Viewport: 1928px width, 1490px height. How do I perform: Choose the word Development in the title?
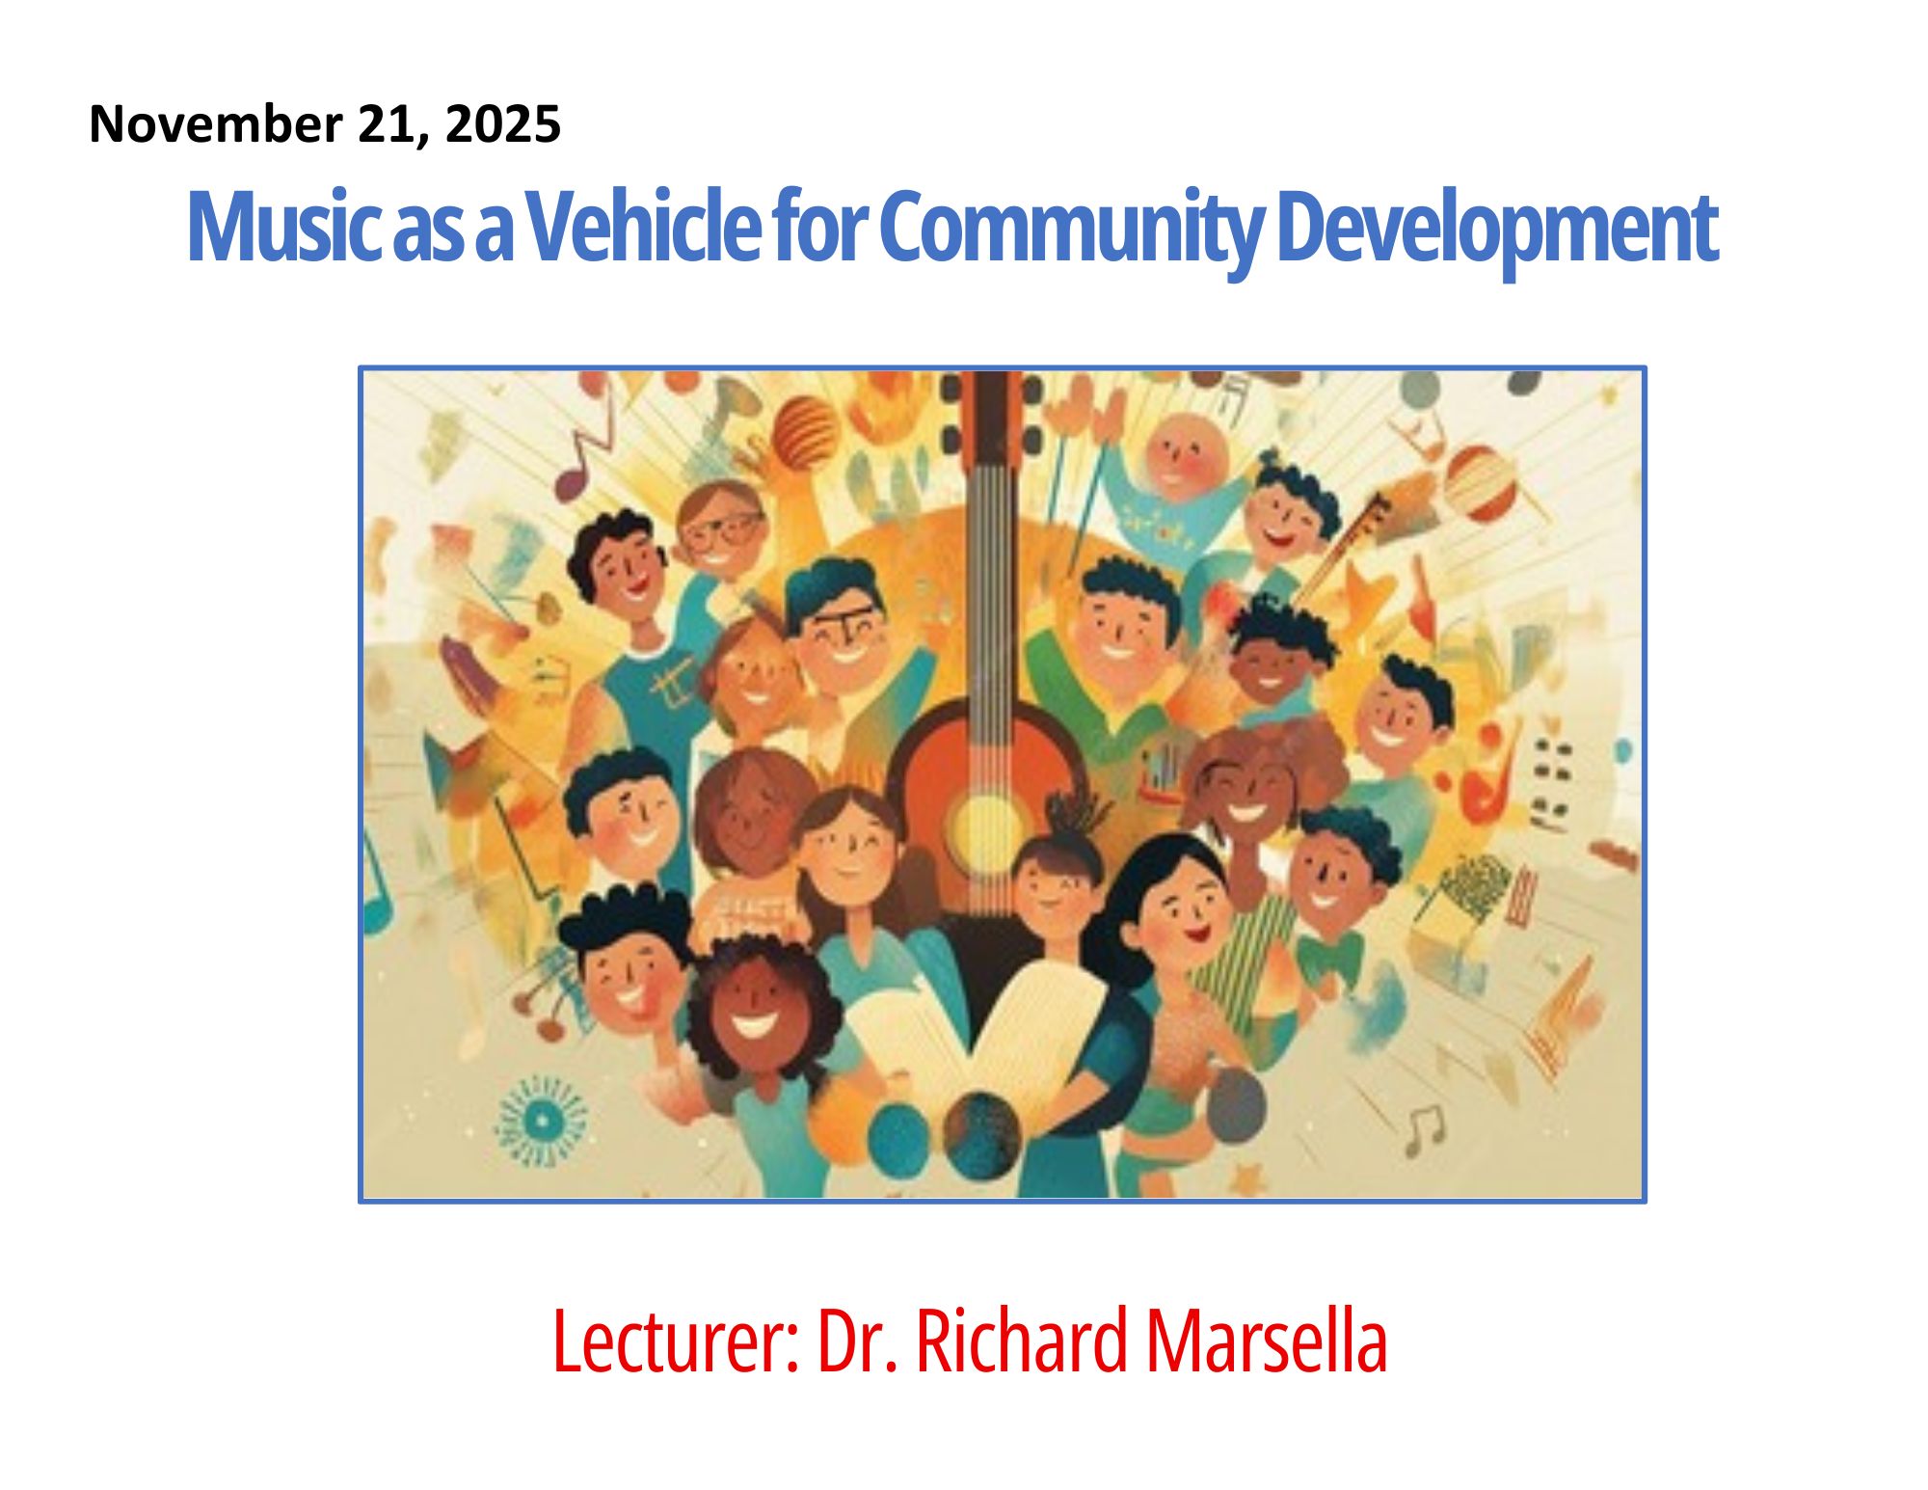[1497, 231]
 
